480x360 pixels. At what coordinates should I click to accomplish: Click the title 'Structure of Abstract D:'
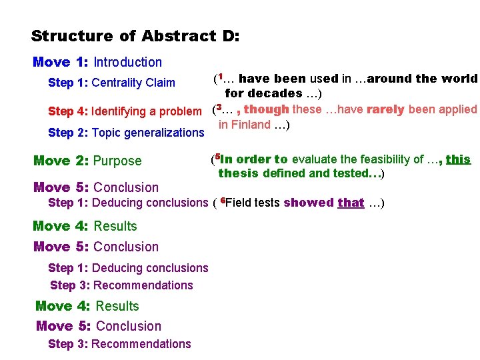click(135, 35)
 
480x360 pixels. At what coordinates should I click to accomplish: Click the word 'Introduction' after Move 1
click(127, 62)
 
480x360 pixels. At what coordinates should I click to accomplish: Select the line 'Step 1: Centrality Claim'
click(111, 83)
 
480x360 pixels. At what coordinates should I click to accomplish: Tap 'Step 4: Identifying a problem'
click(124, 111)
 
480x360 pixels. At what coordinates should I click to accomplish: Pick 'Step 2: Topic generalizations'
click(126, 133)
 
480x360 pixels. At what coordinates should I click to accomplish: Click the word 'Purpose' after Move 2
click(117, 161)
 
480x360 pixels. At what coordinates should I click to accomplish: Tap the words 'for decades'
click(263, 93)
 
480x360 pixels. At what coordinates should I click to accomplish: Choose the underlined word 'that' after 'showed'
click(351, 203)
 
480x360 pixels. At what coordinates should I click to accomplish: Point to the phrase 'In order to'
click(253, 159)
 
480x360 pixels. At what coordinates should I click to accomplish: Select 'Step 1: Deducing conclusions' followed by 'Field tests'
click(128, 203)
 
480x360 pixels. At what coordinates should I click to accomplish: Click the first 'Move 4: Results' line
click(85, 226)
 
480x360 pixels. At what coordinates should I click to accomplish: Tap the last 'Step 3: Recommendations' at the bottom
click(119, 344)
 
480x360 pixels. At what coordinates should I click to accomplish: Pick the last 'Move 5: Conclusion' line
click(98, 326)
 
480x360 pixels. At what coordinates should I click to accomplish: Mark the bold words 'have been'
click(273, 79)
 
